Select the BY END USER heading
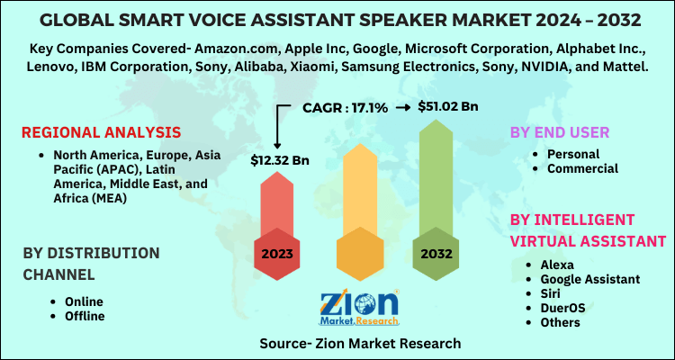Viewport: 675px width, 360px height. click(x=560, y=132)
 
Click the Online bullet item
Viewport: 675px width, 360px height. click(x=84, y=301)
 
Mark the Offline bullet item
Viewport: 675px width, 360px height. click(x=85, y=316)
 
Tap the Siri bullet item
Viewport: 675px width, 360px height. click(x=552, y=293)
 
